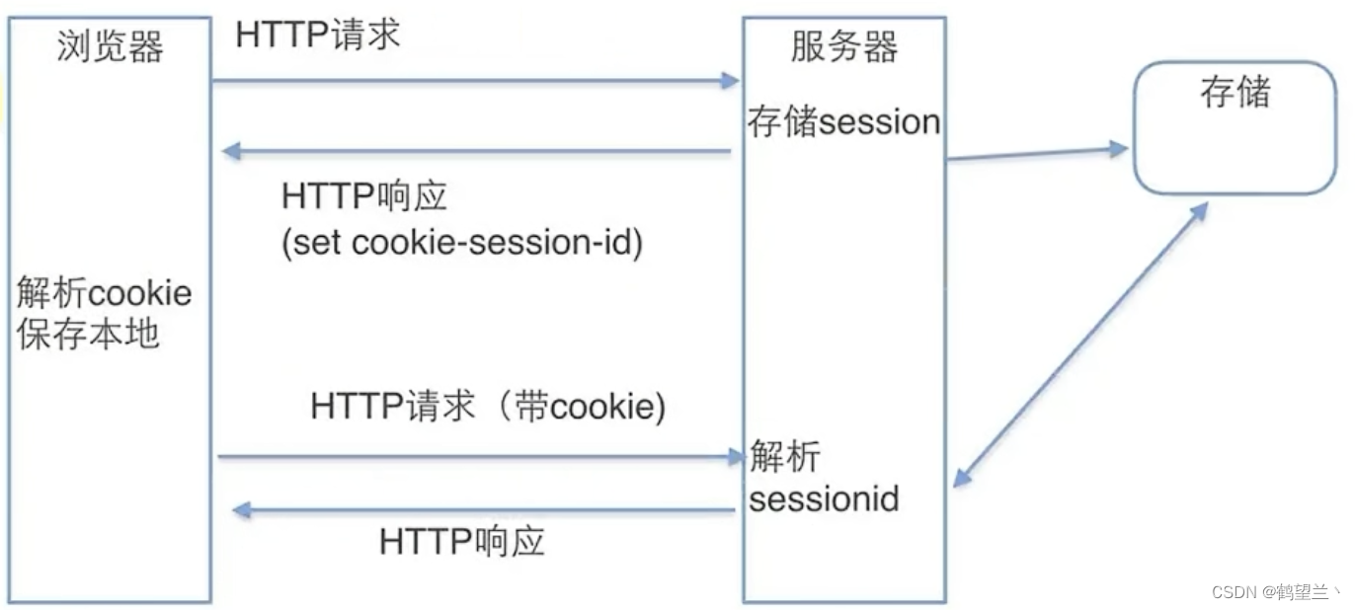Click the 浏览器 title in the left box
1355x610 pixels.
(110, 46)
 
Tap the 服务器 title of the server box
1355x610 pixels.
(844, 46)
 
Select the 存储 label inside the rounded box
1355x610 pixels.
(1235, 94)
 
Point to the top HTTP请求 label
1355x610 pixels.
(318, 35)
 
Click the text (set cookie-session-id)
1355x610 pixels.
(462, 242)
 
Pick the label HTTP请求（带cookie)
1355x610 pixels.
(488, 406)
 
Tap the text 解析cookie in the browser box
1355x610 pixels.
(105, 293)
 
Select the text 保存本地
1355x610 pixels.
(88, 334)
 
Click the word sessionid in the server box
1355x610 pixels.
(824, 498)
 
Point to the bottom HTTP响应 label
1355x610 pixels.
(461, 541)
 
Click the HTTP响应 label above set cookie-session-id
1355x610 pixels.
(364, 196)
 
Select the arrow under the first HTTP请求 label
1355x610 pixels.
(475, 81)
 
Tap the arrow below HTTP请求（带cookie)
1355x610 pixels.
(480, 456)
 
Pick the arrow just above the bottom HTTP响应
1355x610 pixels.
(483, 510)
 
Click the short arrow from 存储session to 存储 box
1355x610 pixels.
(1037, 153)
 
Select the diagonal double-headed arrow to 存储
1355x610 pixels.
(1080, 344)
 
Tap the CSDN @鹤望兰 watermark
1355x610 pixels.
(1275, 592)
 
